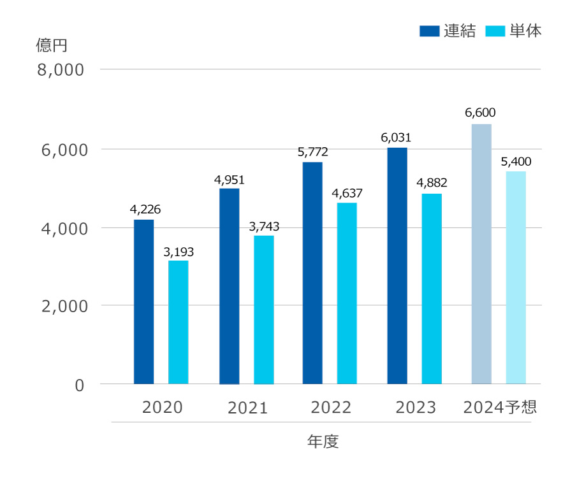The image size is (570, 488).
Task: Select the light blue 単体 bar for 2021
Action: (x=263, y=310)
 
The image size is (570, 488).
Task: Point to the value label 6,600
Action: (x=480, y=113)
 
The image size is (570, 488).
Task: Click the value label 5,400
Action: (x=516, y=161)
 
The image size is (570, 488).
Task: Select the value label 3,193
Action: (x=179, y=252)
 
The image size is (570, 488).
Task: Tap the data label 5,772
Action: (x=312, y=152)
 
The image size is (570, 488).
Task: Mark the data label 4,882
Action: (x=432, y=183)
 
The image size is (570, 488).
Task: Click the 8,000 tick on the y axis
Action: (x=61, y=69)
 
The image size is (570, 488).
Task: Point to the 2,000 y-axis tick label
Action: (x=61, y=306)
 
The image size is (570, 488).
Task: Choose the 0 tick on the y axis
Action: (x=79, y=385)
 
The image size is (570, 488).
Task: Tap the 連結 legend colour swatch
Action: (x=429, y=31)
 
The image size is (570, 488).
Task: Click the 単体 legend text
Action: (x=526, y=31)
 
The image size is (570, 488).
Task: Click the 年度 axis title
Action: (x=323, y=441)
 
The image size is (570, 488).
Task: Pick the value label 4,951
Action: (x=230, y=180)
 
